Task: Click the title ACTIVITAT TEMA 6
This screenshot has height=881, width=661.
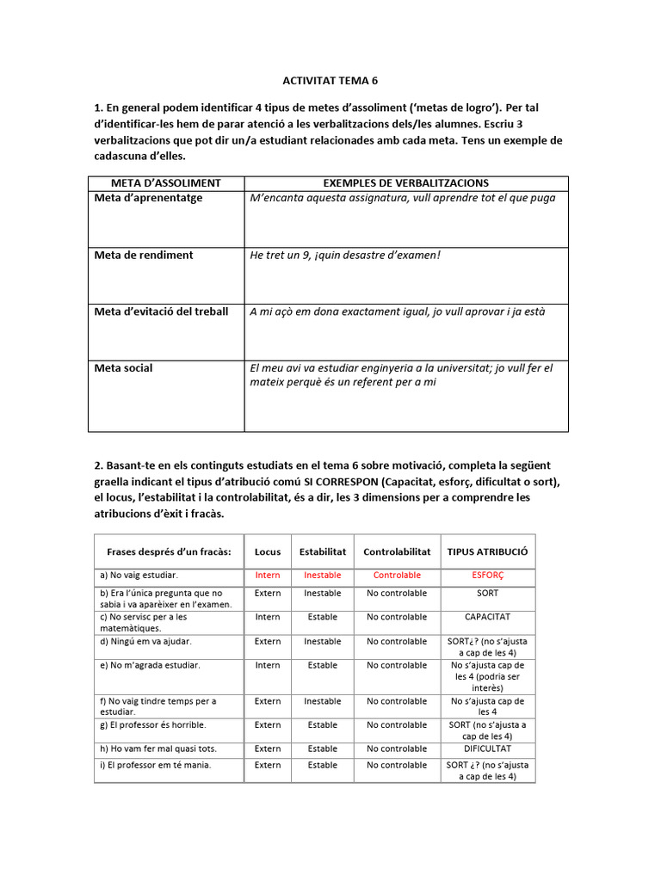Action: click(x=330, y=81)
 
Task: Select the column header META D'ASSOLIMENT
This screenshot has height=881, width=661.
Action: click(x=166, y=183)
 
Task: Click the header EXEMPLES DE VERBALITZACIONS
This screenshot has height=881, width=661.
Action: click(x=405, y=183)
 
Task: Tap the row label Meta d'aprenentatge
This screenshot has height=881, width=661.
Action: click(x=148, y=198)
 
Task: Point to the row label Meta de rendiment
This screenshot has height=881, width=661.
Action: click(x=144, y=256)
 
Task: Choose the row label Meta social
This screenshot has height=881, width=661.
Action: click(x=123, y=368)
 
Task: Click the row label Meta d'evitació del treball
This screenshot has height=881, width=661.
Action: click(x=161, y=311)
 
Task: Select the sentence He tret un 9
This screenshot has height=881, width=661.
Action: click(x=345, y=256)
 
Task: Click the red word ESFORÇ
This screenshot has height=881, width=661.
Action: click(x=487, y=575)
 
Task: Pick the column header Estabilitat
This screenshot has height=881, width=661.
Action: click(x=323, y=551)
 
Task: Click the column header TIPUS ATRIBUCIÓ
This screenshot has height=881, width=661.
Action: click(x=487, y=551)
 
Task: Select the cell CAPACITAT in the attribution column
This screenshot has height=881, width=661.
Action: click(x=487, y=617)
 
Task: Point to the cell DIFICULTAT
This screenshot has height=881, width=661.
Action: click(x=487, y=749)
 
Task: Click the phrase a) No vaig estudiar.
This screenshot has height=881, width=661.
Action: click(x=139, y=575)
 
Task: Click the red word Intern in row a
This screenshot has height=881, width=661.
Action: click(x=268, y=575)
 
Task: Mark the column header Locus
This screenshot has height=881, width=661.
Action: click(x=268, y=551)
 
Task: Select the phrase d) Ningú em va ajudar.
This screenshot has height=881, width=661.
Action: click(x=145, y=641)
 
